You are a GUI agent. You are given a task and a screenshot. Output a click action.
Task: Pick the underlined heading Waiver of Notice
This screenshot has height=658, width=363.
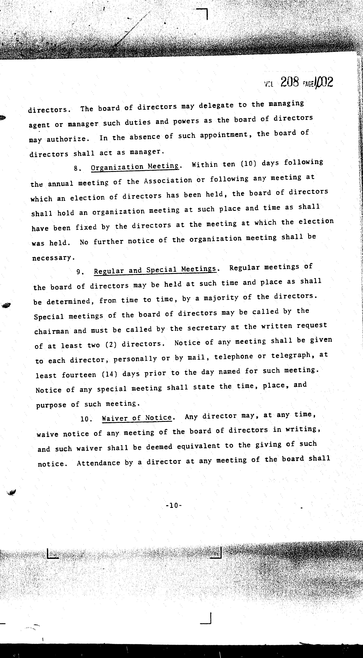coord(137,418)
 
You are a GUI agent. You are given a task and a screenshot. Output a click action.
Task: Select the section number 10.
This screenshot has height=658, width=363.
coord(86,419)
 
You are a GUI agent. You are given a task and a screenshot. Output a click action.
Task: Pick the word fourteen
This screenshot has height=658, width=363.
coord(79,375)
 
